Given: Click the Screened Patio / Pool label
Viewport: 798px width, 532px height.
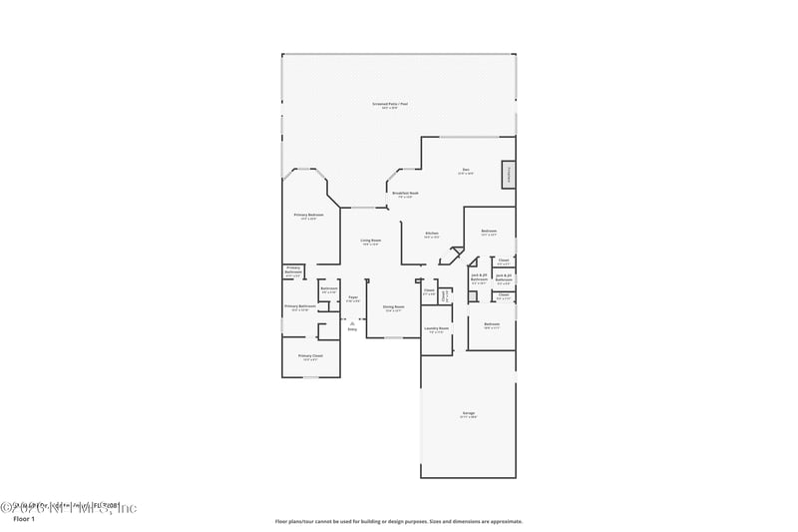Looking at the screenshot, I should (391, 104).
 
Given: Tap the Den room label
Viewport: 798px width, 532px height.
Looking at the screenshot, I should (466, 170).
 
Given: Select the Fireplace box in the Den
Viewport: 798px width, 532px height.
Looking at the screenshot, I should (509, 175).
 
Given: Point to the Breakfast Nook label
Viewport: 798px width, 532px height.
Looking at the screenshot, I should (405, 193).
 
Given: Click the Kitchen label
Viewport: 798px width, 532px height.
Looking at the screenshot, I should (432, 234).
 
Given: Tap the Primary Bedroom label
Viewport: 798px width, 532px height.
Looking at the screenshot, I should (308, 216).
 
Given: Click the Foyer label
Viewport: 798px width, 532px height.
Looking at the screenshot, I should (353, 297).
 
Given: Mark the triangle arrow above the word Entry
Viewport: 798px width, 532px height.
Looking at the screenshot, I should (352, 321).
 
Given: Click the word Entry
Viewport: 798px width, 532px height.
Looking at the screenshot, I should (352, 328).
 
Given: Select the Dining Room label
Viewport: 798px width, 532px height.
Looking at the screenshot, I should (394, 306).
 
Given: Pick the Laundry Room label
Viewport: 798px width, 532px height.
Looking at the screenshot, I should (436, 327).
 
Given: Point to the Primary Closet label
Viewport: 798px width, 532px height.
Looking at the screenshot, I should (310, 355).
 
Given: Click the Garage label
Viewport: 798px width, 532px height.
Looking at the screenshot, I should (468, 412).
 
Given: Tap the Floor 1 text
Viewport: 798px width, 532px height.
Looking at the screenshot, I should (24, 520).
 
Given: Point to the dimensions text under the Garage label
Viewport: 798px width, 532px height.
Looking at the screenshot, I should (468, 417).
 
